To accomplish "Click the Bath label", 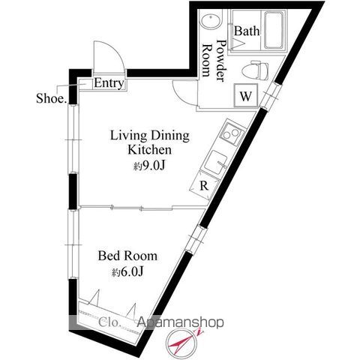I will click(x=247, y=31).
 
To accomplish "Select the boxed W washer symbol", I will click(x=246, y=96).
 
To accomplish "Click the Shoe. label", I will click(x=52, y=98).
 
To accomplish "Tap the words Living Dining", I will click(x=150, y=136).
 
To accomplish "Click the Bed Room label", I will click(x=128, y=256).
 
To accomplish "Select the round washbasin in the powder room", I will click(x=211, y=22).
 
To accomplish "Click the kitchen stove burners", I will click(x=229, y=135).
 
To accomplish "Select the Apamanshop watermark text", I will click(x=180, y=323).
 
